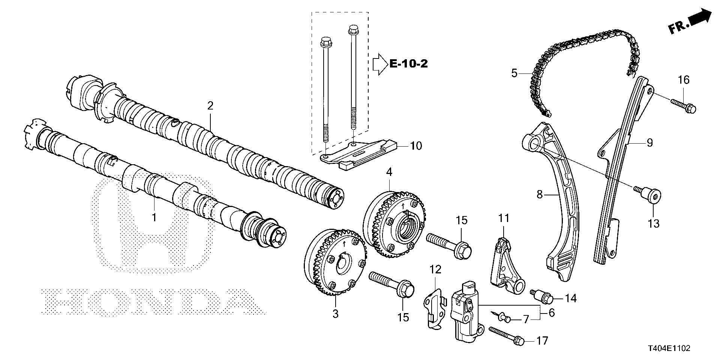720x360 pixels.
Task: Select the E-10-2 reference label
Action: [408, 64]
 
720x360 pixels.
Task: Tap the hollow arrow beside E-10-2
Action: [379, 64]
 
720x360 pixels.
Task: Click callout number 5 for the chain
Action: [514, 73]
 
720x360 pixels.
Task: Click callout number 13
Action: [654, 224]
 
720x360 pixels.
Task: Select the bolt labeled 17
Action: [506, 335]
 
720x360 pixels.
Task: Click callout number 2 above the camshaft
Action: [210, 106]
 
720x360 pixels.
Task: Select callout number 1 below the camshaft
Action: [153, 217]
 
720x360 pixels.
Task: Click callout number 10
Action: [416, 145]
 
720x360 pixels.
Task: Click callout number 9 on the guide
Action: [649, 142]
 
